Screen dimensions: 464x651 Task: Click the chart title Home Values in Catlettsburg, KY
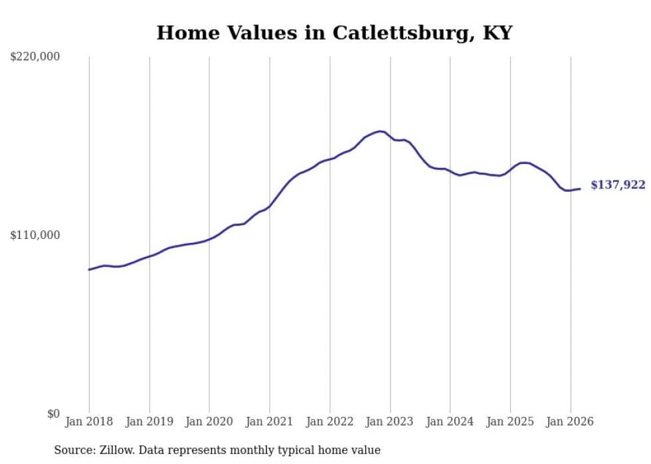tap(334, 33)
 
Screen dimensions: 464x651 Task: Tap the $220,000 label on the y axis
tap(35, 57)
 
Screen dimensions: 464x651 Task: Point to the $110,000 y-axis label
tap(35, 235)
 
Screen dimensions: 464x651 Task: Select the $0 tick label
tap(54, 414)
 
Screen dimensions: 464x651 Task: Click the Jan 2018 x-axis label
tap(89, 422)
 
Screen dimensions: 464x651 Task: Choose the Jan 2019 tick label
tap(149, 422)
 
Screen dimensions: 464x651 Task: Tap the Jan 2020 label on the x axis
tap(209, 422)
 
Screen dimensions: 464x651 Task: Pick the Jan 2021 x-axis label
tap(270, 422)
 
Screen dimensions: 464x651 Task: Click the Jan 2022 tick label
tap(329, 422)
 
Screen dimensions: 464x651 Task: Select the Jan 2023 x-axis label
tap(390, 422)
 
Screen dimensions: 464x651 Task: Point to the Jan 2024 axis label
tap(450, 422)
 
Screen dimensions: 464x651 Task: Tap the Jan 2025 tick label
tap(510, 422)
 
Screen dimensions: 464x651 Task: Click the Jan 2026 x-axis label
tap(570, 422)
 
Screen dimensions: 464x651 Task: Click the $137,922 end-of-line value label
tap(618, 185)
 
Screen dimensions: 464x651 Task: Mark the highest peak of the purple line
tap(380, 131)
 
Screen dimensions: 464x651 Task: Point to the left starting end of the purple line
tap(89, 270)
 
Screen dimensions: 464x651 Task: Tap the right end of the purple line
tap(580, 189)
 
